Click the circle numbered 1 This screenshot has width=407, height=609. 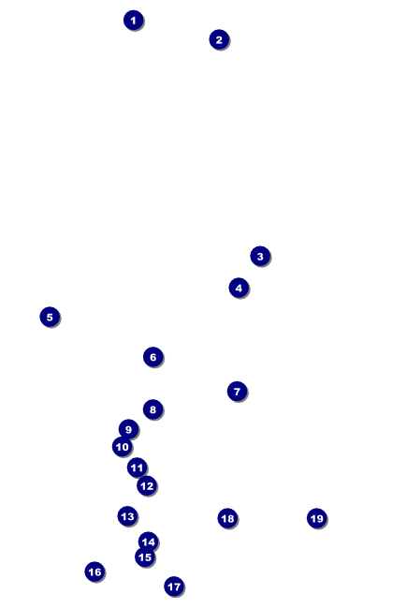tap(134, 21)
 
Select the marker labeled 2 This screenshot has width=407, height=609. tap(219, 39)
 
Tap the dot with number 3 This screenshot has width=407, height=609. tap(260, 257)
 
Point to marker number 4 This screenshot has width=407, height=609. tap(239, 289)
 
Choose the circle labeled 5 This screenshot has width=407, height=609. tap(50, 317)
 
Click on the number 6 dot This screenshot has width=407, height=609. tap(153, 357)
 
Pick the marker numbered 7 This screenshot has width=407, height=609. tap(237, 392)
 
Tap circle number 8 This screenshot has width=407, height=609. tap(153, 409)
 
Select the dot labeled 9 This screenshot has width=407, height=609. tap(128, 429)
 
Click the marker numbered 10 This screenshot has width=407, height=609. tap(123, 447)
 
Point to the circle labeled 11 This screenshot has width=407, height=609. tap(137, 468)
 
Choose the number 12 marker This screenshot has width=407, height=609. tap(147, 486)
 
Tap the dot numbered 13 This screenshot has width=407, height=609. tap(127, 516)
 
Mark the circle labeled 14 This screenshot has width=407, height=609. tap(148, 542)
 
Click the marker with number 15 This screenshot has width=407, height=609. tap(145, 557)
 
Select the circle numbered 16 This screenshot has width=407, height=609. tap(94, 572)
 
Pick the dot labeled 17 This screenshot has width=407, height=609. tap(174, 587)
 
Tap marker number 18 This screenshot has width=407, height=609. tap(227, 518)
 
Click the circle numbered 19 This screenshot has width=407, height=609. tap(316, 518)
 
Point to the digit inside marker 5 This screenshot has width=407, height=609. tap(50, 317)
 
